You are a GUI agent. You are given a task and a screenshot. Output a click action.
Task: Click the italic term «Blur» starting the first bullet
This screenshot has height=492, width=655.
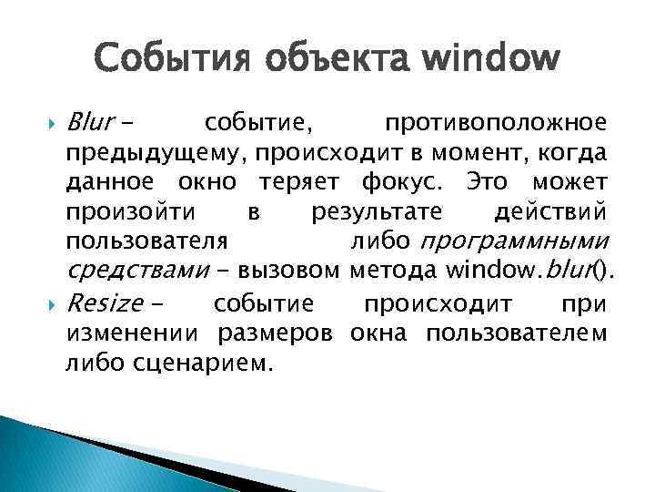88,123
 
